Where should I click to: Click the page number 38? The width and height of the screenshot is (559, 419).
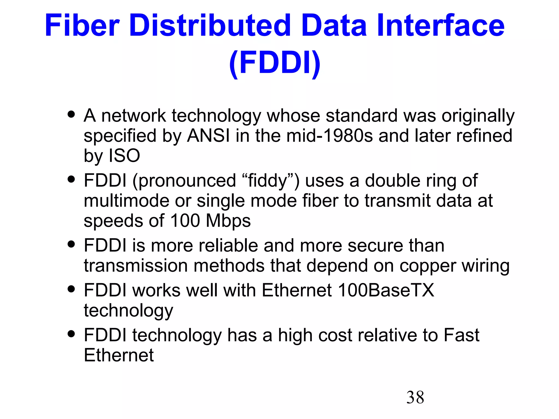tap(415, 397)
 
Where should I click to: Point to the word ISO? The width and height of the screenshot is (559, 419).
tap(124, 156)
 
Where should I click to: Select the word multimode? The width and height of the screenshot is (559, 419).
tap(126, 201)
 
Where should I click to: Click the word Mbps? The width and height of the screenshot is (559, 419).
tap(228, 221)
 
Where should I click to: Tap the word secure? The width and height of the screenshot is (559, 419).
tap(375, 246)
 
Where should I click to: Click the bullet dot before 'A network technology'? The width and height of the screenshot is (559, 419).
tap(71, 114)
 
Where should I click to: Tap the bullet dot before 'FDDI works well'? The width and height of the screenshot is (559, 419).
tap(71, 289)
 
